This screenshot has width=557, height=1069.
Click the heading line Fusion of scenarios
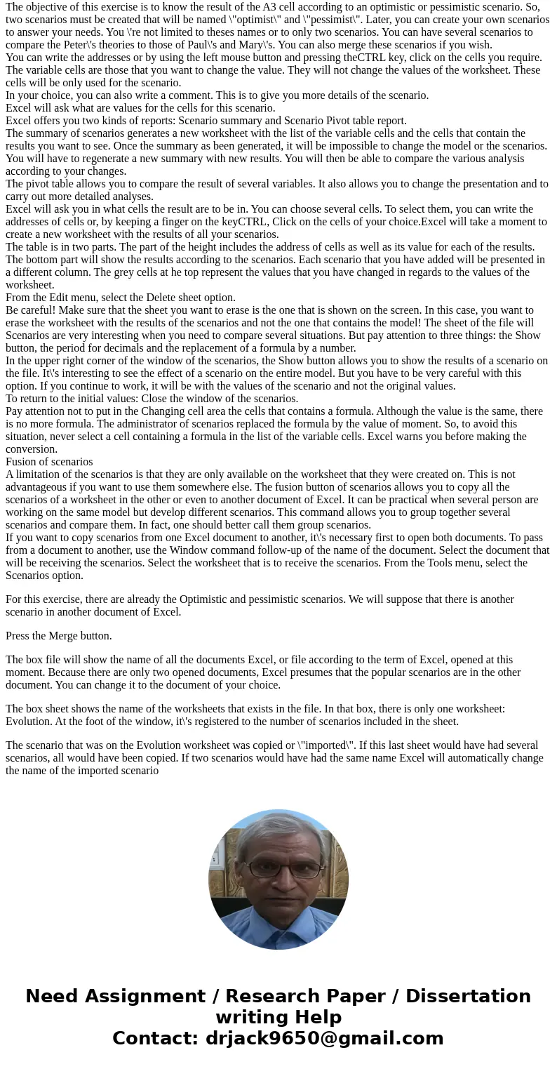click(x=49, y=462)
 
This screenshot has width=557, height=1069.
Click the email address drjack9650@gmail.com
click(x=324, y=1039)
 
